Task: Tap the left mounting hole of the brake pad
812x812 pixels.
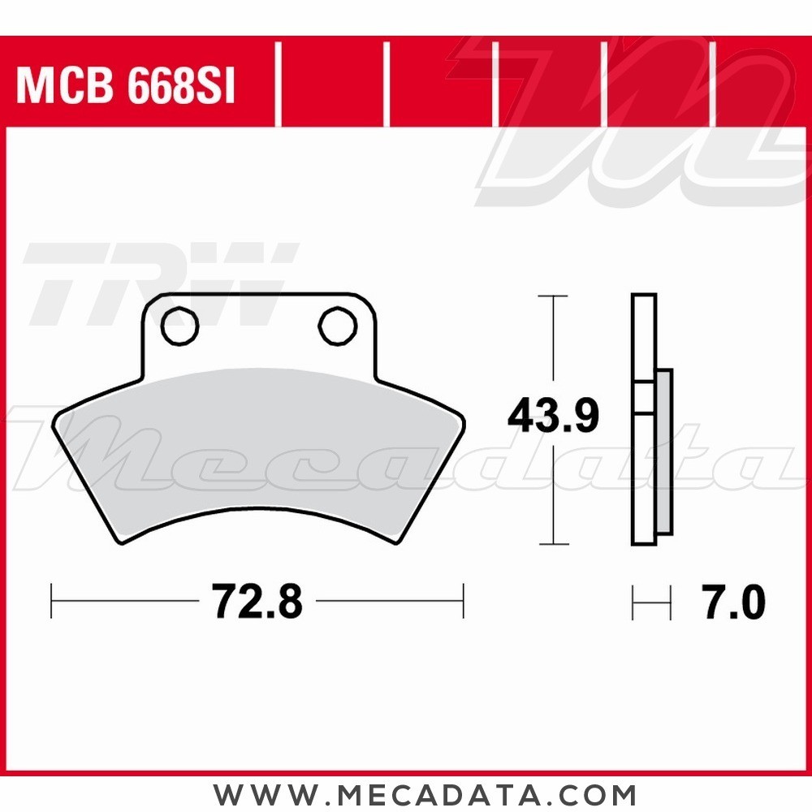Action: click(x=179, y=326)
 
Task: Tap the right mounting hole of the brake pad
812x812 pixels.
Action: click(x=338, y=326)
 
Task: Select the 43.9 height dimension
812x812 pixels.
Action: click(x=553, y=415)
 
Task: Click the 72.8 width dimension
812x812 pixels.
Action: click(x=257, y=601)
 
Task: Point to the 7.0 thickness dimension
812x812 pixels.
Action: click(x=734, y=603)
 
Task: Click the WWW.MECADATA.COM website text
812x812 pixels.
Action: click(x=425, y=794)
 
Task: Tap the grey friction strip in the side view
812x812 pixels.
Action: click(x=664, y=452)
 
